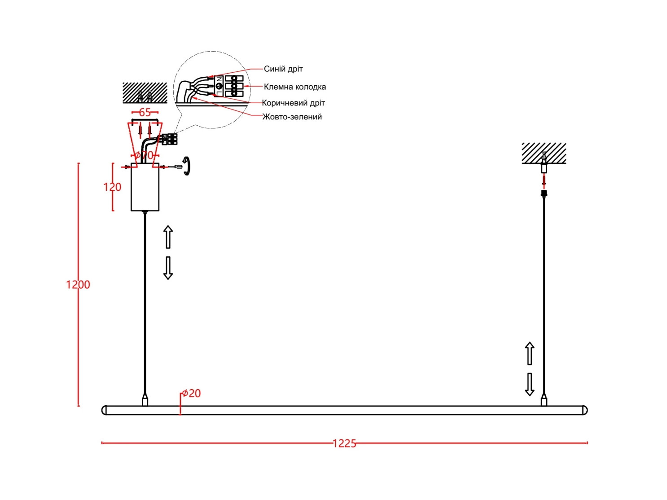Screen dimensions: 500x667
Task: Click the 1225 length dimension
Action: (x=344, y=443)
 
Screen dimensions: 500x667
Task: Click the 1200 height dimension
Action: (x=78, y=285)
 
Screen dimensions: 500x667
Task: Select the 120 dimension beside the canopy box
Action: (x=112, y=187)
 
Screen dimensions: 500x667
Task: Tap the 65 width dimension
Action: (x=145, y=112)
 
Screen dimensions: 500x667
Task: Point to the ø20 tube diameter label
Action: (x=191, y=393)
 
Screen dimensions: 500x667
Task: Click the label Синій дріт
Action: (x=283, y=69)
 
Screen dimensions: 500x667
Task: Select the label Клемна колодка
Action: (x=294, y=87)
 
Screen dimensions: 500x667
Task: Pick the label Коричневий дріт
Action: (x=293, y=103)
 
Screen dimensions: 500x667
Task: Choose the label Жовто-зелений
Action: (x=292, y=117)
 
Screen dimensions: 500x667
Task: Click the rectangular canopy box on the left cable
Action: (x=145, y=187)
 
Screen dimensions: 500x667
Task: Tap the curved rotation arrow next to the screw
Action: (x=186, y=166)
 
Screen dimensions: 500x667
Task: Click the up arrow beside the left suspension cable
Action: (x=168, y=237)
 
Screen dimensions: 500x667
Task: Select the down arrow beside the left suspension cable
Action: (x=168, y=268)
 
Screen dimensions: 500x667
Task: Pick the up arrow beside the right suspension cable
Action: (x=530, y=353)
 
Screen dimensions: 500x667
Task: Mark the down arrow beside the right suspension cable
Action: (x=530, y=384)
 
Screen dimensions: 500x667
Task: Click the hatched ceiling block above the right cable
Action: (x=544, y=153)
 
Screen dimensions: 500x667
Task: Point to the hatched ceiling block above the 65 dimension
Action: (x=145, y=93)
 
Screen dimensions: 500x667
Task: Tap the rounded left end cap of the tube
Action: (x=105, y=410)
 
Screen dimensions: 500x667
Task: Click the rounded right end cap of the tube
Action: (x=584, y=410)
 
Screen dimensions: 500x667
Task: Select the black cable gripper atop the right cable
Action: (x=544, y=193)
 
